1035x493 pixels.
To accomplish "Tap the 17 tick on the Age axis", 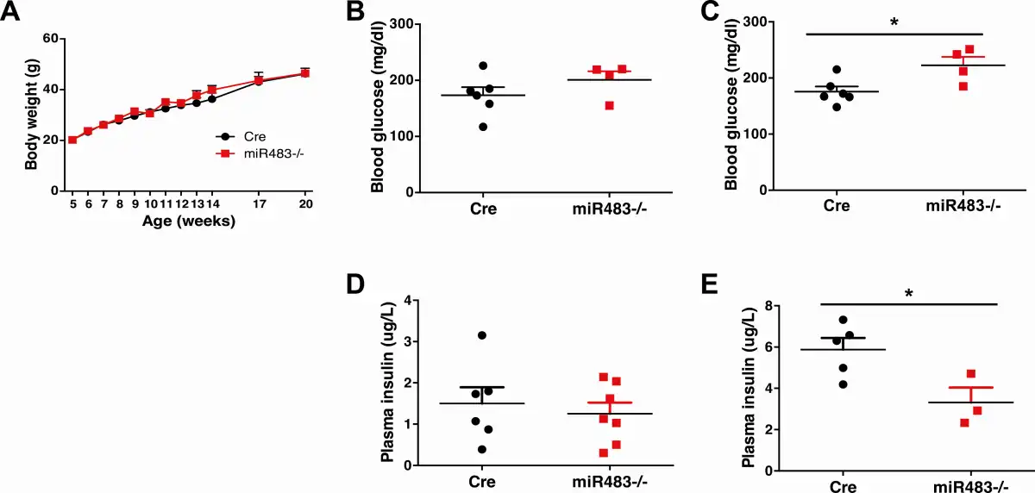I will click(x=258, y=203).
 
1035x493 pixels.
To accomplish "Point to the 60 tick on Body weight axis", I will click(x=50, y=39).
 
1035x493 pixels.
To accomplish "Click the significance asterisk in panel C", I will click(x=894, y=22).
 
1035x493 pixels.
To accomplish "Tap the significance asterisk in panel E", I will click(x=907, y=294).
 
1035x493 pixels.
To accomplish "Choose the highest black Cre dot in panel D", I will click(x=482, y=335).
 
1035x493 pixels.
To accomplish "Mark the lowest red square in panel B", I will click(x=610, y=105).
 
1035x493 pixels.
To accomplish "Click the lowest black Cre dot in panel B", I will click(x=483, y=127).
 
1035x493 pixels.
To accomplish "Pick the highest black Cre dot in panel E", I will click(x=843, y=320).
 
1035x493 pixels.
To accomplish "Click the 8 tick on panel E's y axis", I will click(x=765, y=306).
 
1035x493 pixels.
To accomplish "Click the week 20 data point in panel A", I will click(x=304, y=73).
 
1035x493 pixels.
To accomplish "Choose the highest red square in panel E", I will click(x=970, y=373).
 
